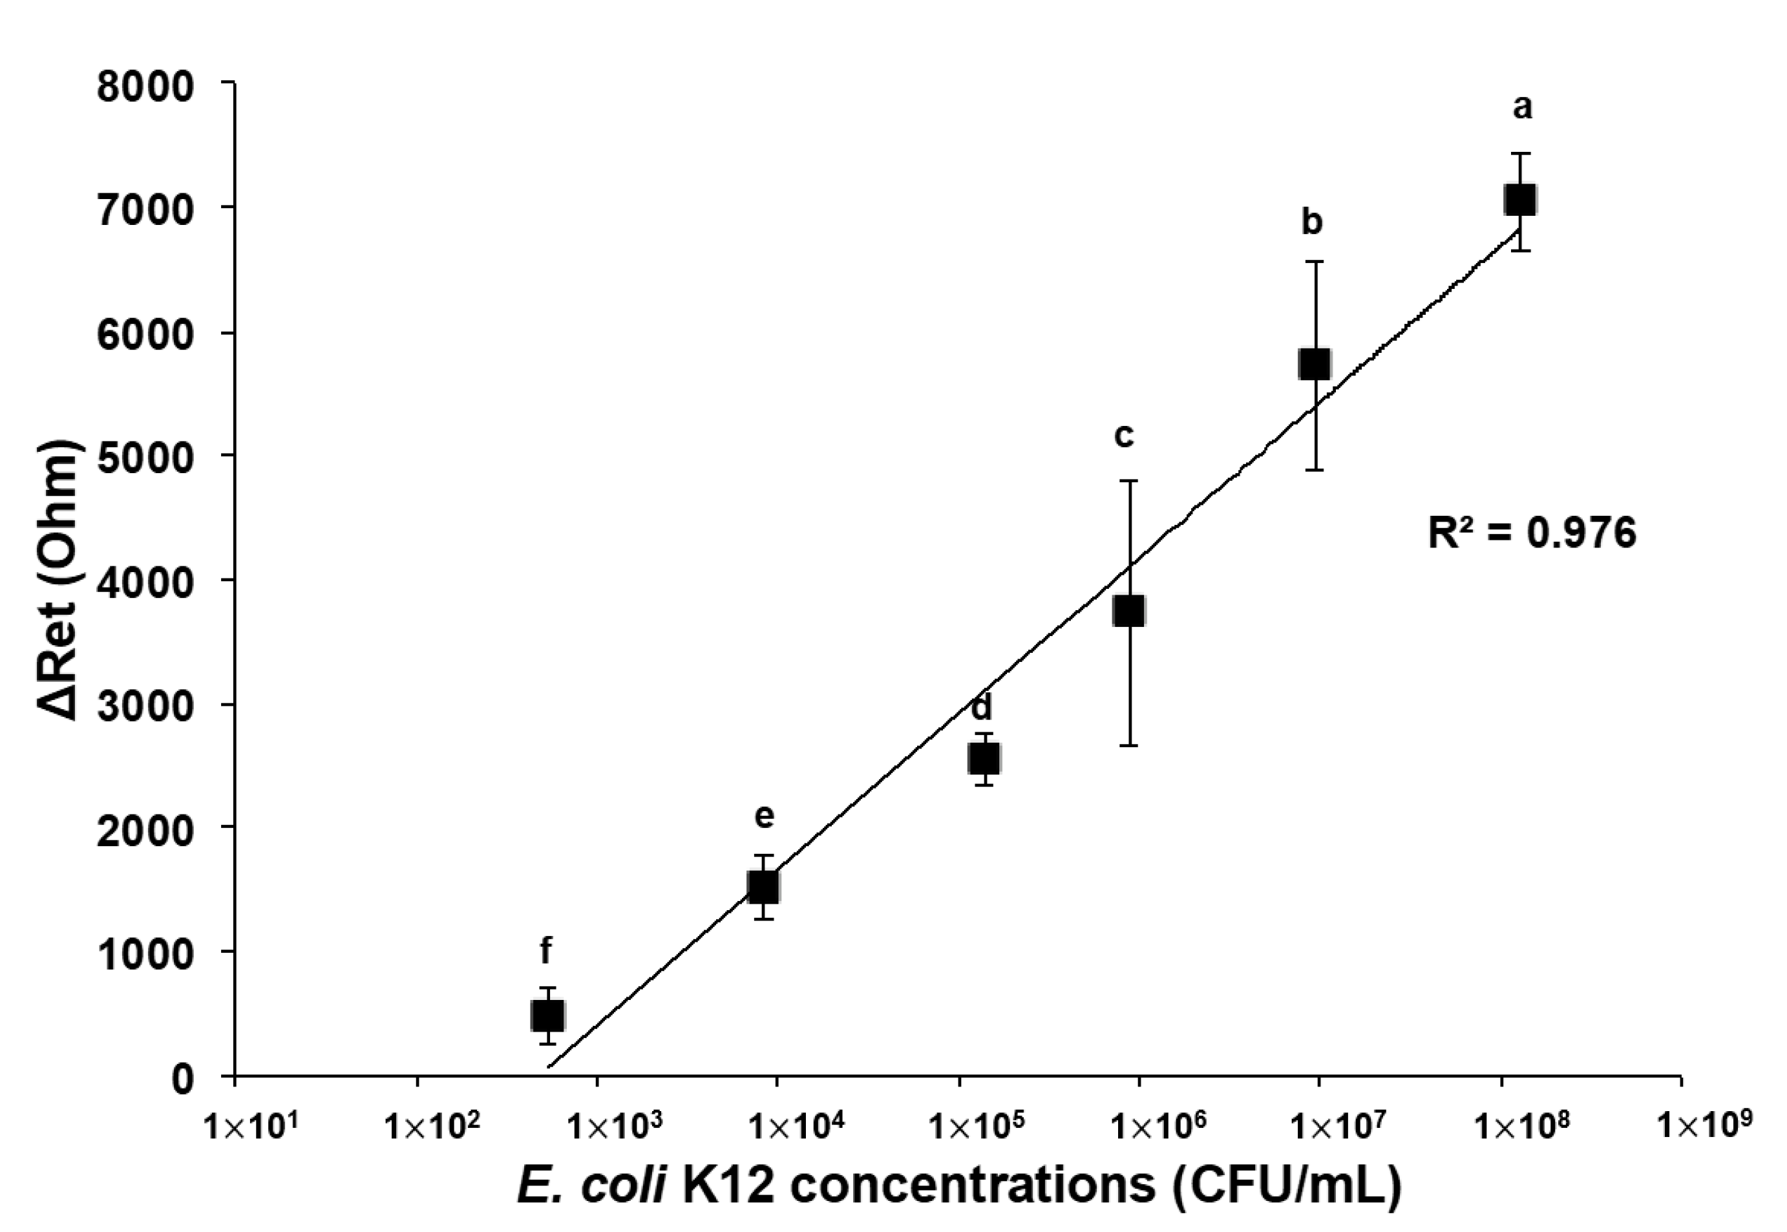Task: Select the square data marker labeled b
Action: pyautogui.click(x=1314, y=363)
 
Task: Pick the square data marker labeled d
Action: pyautogui.click(x=984, y=758)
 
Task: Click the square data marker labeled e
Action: pyautogui.click(x=763, y=886)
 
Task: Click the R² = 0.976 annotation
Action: pyautogui.click(x=1532, y=533)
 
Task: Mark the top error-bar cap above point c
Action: pyautogui.click(x=1130, y=481)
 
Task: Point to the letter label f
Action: pyautogui.click(x=545, y=950)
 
